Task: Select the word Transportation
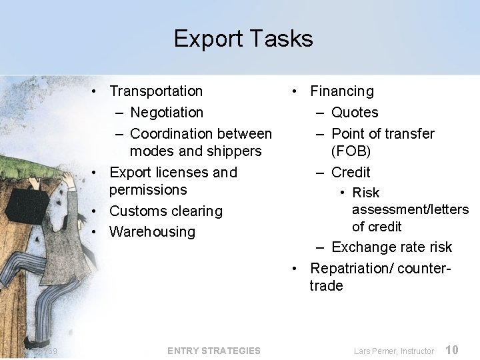(x=156, y=91)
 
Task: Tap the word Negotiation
(x=167, y=113)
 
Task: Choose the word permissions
(x=148, y=190)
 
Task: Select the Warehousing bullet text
(x=152, y=232)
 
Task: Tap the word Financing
(x=342, y=91)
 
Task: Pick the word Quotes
(x=355, y=113)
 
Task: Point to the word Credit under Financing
(x=351, y=173)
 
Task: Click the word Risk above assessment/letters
(x=365, y=193)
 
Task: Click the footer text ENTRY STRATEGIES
(x=214, y=351)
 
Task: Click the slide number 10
(x=452, y=350)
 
